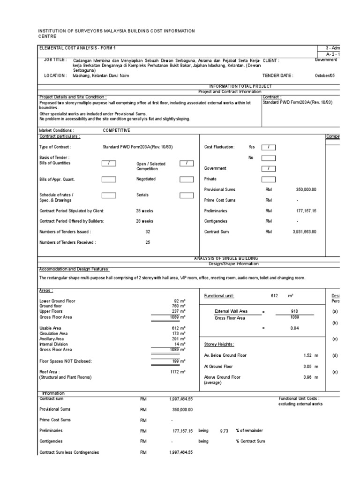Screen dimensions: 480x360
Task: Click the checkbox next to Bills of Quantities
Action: point(109,163)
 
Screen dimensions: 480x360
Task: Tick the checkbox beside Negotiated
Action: point(187,179)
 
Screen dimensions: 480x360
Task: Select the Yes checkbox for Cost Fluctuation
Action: point(269,147)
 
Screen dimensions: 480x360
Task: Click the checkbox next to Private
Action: point(269,179)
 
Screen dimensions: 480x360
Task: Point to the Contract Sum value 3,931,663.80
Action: point(305,232)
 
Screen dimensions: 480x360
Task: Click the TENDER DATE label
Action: point(278,75)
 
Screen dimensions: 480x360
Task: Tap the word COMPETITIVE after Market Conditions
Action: point(116,130)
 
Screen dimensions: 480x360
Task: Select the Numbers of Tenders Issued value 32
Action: point(148,232)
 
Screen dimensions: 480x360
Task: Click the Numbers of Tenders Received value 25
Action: point(148,242)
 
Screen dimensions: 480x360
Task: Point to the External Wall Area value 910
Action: point(294,311)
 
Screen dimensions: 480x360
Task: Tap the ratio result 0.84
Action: point(294,328)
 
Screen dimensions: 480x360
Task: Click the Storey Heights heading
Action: point(219,344)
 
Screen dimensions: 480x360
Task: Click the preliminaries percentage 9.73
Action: point(224,431)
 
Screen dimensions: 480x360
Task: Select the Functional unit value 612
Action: point(275,296)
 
